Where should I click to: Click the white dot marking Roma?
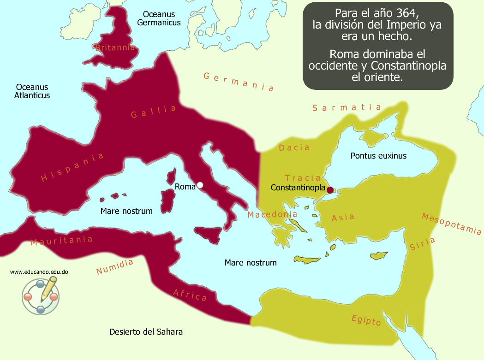tap(200, 185)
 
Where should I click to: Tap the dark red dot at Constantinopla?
tap(330, 189)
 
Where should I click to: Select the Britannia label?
tap(115, 47)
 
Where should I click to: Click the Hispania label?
tap(72, 167)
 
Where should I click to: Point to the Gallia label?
tap(154, 112)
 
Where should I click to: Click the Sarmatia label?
tap(347, 108)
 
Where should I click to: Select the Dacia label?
tap(294, 148)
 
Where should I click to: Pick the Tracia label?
tap(303, 178)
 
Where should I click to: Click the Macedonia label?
tap(272, 214)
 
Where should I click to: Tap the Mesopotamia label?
tap(451, 224)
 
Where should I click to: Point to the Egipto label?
tap(366, 319)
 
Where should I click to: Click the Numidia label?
tap(115, 267)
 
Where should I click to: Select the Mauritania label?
tap(62, 241)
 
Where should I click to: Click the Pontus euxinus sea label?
tap(378, 156)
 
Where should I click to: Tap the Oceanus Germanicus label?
tap(159, 18)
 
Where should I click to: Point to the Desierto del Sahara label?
tap(146, 331)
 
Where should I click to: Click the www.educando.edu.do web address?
tap(39, 272)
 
